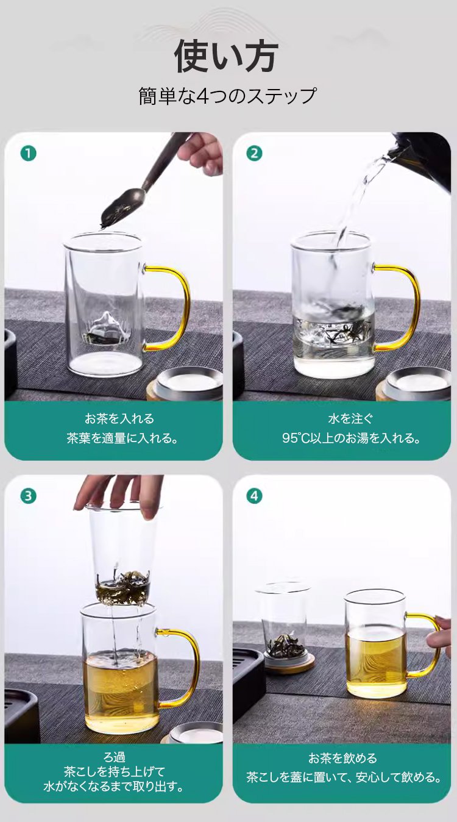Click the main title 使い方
[226, 56]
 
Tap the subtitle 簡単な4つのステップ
[227, 96]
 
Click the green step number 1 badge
[28, 154]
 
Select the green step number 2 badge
[255, 154]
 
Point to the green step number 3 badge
[28, 496]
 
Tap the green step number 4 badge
[255, 496]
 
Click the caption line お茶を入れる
[119, 419]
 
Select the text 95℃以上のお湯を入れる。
[351, 438]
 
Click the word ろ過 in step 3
[114, 757]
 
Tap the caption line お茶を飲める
[342, 758]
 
